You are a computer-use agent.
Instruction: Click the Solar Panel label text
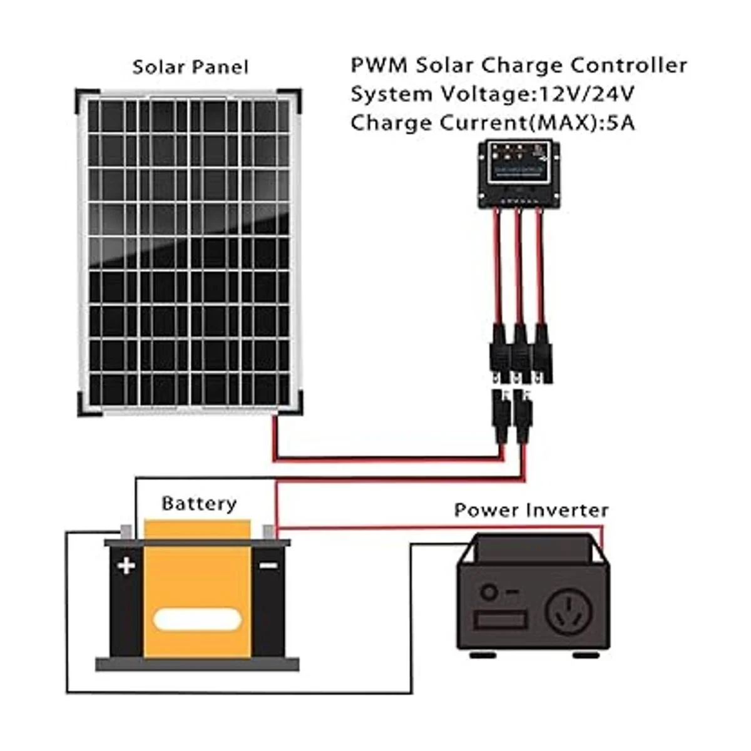tap(190, 68)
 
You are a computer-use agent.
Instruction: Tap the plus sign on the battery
tap(126, 566)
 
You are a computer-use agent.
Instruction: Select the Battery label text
tap(199, 504)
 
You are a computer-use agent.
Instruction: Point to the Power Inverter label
tap(531, 510)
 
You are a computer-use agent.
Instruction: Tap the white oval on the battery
tap(198, 620)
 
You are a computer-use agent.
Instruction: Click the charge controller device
tap(519, 174)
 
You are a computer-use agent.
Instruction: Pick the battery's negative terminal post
tap(268, 532)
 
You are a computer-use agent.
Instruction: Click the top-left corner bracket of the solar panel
tap(83, 98)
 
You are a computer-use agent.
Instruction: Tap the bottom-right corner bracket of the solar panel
tap(294, 407)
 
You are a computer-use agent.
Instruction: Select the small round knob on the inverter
tap(489, 591)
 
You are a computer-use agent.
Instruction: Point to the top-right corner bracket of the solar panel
tap(294, 98)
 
